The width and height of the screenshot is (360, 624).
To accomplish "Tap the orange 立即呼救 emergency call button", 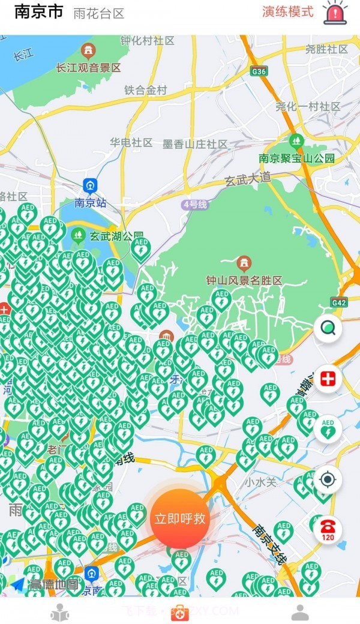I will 179,518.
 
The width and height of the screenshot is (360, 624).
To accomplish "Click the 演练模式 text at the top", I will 287,11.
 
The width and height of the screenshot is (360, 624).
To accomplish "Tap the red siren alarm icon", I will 335,13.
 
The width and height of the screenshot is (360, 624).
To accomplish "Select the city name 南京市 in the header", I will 38,12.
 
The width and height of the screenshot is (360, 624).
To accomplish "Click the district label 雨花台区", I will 98,14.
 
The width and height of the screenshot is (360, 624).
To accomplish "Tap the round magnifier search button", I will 328,328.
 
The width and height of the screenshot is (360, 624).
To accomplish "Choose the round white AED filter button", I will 328,429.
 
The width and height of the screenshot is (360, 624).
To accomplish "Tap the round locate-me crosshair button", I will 328,479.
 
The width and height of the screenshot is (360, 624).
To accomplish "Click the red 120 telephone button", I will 328,529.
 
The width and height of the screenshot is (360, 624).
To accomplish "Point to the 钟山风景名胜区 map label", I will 244,280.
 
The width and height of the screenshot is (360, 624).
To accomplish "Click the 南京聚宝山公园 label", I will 296,158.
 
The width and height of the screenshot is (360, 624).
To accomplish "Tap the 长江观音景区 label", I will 88,68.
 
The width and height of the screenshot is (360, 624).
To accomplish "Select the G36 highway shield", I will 259,71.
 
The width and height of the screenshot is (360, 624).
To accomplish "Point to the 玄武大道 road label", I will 248,178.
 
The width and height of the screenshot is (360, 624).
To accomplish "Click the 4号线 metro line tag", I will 194,205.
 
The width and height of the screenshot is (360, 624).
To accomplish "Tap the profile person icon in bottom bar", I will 300,613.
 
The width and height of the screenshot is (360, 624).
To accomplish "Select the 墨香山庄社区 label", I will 195,144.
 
